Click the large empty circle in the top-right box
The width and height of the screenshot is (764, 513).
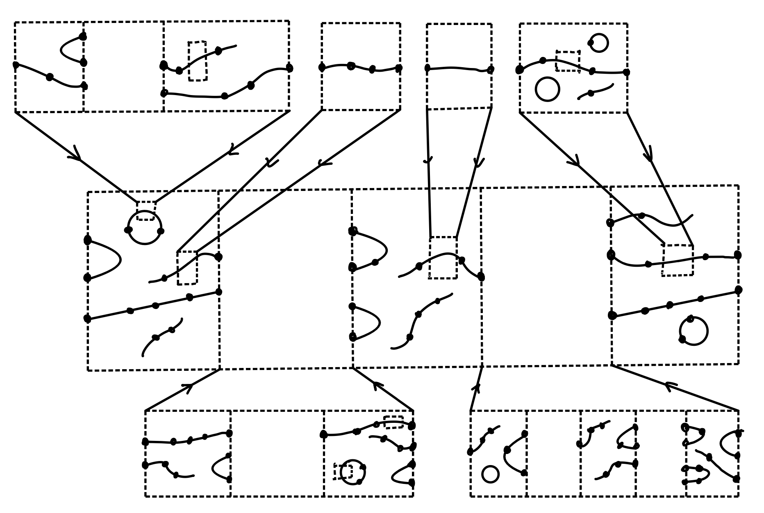coord(547,89)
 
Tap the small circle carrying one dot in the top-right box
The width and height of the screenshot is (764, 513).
coord(599,43)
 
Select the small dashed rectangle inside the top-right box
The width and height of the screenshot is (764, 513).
coord(568,61)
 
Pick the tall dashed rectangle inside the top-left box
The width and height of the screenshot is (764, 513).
coord(197,61)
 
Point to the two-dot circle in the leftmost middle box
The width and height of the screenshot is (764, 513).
coord(145,228)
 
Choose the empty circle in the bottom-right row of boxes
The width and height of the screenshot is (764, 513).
coord(490,474)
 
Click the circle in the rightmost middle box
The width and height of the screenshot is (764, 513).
coord(694,331)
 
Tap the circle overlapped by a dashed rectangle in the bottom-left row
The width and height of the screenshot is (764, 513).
coord(353,472)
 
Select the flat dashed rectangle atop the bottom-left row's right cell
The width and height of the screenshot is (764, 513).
coord(393,422)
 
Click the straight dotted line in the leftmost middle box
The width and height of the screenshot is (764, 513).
coord(152,306)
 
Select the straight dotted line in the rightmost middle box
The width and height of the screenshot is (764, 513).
coord(675,304)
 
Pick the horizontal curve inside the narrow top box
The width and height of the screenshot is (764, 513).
coord(459,69)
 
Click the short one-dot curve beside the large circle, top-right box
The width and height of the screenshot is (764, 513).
coord(596,91)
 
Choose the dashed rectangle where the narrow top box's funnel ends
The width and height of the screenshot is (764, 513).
coord(443,258)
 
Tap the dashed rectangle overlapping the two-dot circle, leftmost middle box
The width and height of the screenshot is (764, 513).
coord(146,211)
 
